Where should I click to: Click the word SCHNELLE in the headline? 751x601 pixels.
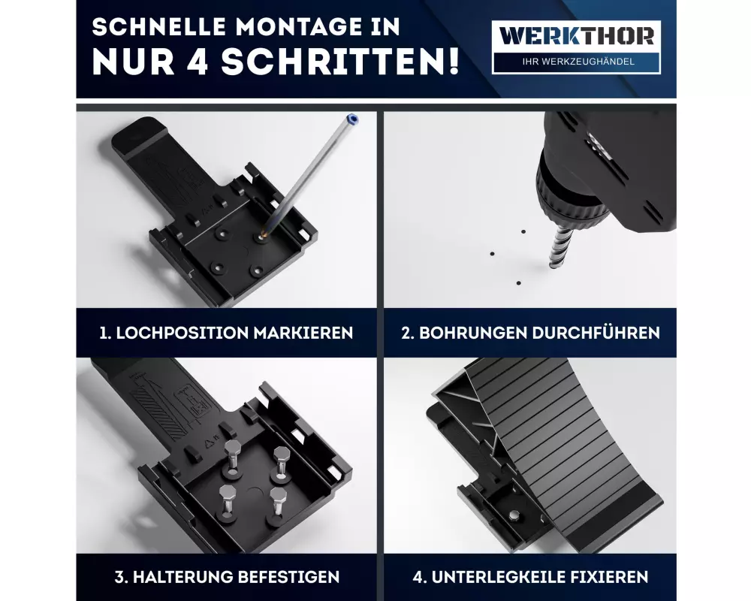[159, 27]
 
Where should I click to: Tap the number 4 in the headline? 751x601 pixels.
[196, 62]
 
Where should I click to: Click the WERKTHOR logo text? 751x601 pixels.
[576, 36]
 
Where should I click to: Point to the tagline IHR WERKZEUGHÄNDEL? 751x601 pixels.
[578, 62]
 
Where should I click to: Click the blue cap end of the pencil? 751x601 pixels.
[353, 119]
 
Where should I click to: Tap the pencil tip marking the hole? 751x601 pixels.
[262, 234]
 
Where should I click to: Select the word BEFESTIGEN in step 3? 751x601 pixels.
[288, 576]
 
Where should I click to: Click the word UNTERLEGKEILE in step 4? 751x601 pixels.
[500, 576]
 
